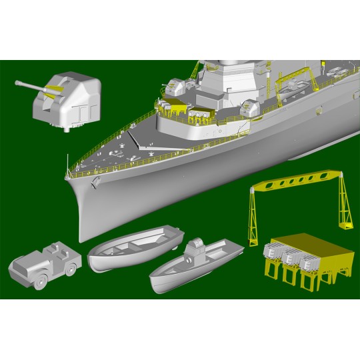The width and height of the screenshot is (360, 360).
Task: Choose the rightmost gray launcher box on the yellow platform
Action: point(308,261)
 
